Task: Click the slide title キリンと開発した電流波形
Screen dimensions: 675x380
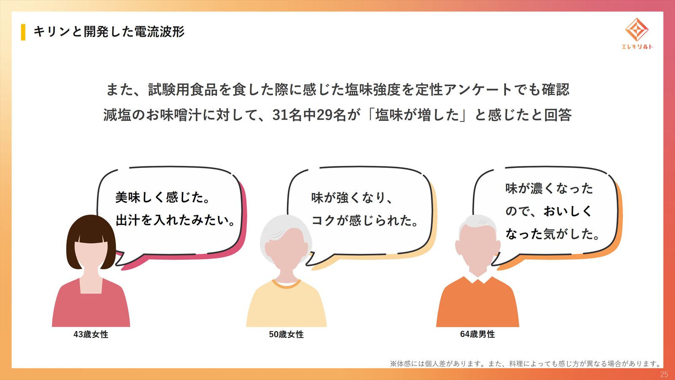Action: [x=109, y=32]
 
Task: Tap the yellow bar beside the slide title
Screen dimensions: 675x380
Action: [x=23, y=32]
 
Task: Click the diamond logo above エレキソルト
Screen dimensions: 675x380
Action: [x=637, y=29]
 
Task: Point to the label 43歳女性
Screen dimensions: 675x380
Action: [x=91, y=334]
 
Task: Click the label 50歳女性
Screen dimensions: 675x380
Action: [x=286, y=334]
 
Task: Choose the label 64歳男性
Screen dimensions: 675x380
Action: [x=477, y=334]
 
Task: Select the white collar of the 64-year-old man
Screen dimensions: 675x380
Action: [x=478, y=280]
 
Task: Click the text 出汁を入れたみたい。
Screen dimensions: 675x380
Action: [x=175, y=220]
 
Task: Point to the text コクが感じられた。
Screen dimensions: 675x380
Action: [x=364, y=220]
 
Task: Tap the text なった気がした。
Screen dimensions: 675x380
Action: [x=552, y=234]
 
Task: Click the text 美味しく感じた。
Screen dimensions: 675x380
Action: [x=162, y=198]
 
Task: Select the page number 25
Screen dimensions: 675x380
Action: [x=664, y=374]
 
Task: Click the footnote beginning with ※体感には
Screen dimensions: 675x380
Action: [x=525, y=364]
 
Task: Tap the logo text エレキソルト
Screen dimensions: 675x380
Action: [x=637, y=46]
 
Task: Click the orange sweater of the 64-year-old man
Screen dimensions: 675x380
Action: [x=478, y=304]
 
